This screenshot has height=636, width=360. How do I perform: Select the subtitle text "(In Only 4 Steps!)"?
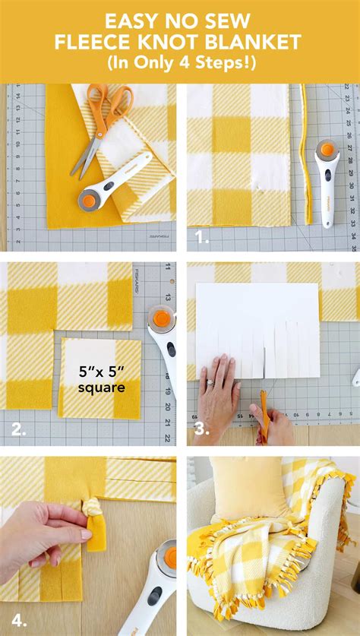(179, 64)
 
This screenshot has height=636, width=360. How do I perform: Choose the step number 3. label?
(201, 430)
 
